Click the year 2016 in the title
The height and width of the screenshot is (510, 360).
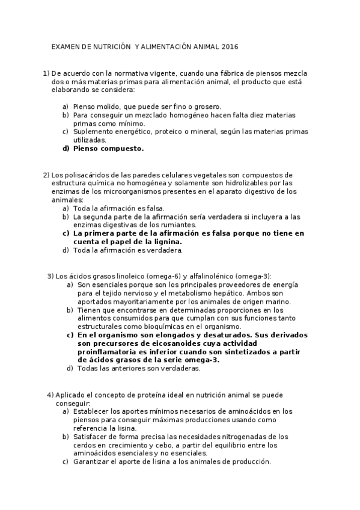[x=230, y=46]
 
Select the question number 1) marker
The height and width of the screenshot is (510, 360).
[x=46, y=73]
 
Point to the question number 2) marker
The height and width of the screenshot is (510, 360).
[x=46, y=175]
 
